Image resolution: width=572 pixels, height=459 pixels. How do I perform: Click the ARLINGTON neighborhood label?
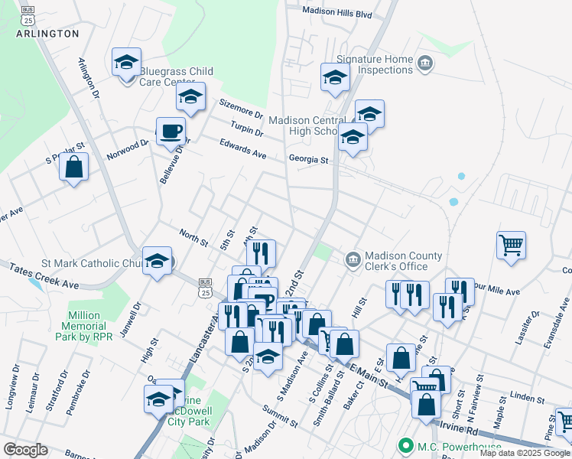[x=47, y=34]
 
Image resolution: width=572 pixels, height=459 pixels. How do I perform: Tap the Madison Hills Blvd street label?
[x=336, y=13]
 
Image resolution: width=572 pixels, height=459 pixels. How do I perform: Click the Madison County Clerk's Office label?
[x=403, y=261]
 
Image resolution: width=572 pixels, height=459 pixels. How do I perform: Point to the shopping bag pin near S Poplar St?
[x=73, y=168]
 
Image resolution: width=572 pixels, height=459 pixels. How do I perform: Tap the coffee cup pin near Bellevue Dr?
[x=171, y=131]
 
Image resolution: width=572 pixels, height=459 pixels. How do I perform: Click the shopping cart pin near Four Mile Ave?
[x=511, y=246]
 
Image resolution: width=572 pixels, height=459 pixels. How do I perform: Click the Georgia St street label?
[x=308, y=160]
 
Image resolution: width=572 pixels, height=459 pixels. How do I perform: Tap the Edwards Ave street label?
[x=242, y=148]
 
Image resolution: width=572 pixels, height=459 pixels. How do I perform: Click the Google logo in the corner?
[x=25, y=450]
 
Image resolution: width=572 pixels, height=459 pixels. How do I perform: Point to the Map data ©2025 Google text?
[x=525, y=453]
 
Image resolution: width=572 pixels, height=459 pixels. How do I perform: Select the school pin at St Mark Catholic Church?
[x=158, y=261]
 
